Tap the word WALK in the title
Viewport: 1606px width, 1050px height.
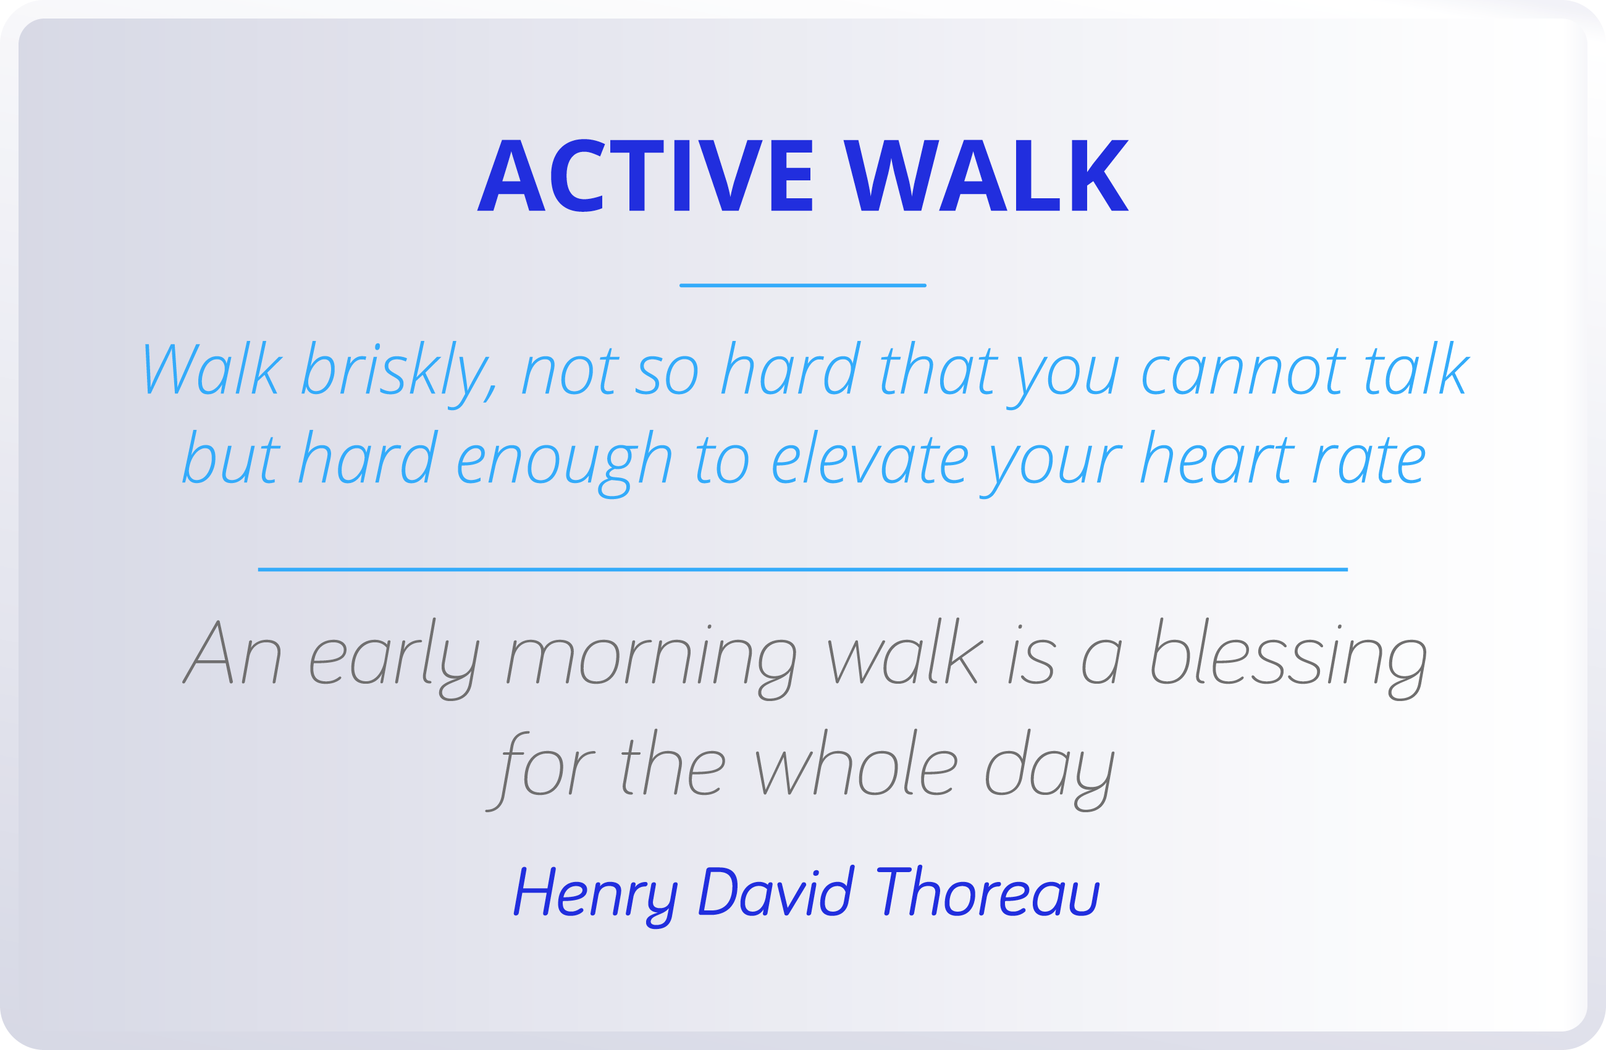986,175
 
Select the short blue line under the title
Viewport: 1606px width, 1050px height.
802,285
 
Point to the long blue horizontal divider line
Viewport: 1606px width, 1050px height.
802,569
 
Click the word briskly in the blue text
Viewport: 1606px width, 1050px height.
398,370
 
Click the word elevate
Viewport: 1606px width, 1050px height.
870,459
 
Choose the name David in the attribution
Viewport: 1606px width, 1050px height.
776,891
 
